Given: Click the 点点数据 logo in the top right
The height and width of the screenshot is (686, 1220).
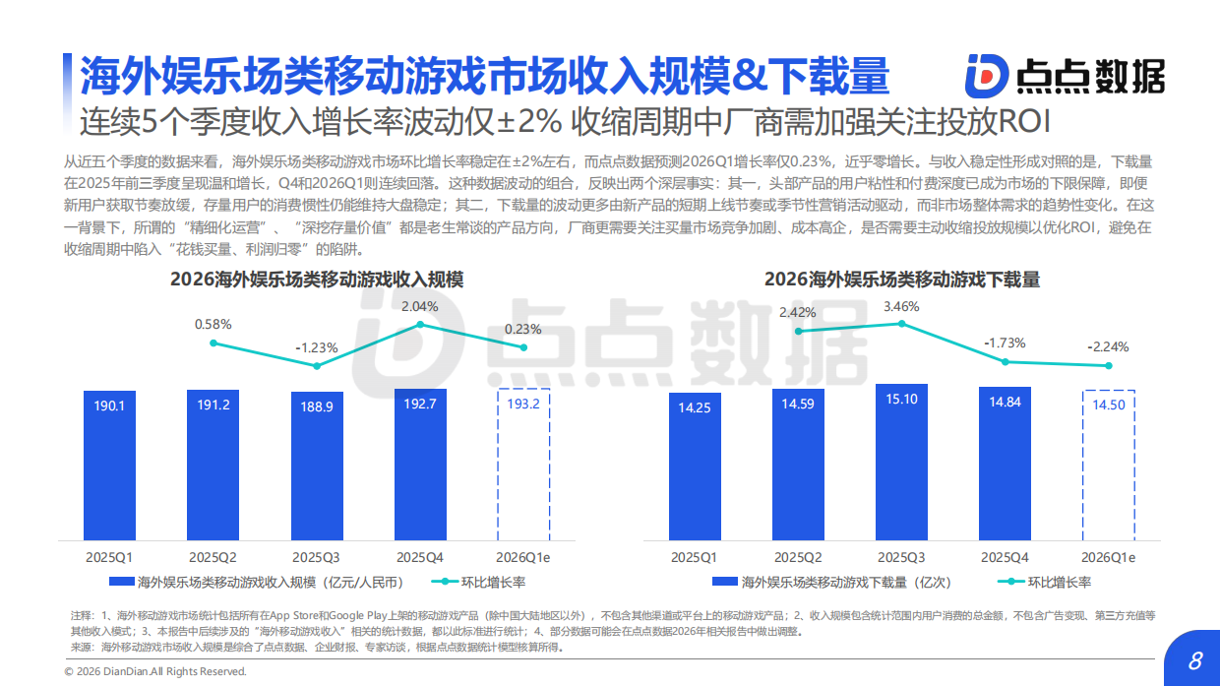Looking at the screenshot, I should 1065,75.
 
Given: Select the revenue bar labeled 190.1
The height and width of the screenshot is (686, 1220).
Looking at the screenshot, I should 109,463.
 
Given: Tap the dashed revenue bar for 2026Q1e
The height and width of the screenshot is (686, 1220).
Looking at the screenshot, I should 522,463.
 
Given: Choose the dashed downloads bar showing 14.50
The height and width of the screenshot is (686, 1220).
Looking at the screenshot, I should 1109,464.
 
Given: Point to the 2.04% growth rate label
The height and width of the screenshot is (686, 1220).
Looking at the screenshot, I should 420,306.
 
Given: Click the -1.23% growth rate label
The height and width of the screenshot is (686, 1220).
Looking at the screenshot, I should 317,347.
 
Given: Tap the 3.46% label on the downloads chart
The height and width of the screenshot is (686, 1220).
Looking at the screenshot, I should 902,306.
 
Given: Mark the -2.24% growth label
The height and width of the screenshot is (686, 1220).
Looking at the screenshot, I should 1108,346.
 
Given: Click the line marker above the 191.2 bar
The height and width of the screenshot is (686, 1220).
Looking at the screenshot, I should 213,343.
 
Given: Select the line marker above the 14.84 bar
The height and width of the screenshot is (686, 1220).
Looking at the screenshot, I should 1006,361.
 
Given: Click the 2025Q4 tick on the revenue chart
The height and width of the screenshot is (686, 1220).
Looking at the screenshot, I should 420,557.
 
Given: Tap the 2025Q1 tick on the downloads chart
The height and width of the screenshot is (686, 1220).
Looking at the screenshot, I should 695,557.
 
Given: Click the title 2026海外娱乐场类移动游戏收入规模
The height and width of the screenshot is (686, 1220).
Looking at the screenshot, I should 317,280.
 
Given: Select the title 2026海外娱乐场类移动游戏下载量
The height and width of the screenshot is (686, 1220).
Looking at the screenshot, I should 902,280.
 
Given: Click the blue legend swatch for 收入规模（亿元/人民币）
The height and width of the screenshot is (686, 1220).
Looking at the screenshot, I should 121,582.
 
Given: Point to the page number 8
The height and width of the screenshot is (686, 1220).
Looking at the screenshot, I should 1195,660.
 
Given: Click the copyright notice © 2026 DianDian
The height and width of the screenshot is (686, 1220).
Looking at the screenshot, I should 155,671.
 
